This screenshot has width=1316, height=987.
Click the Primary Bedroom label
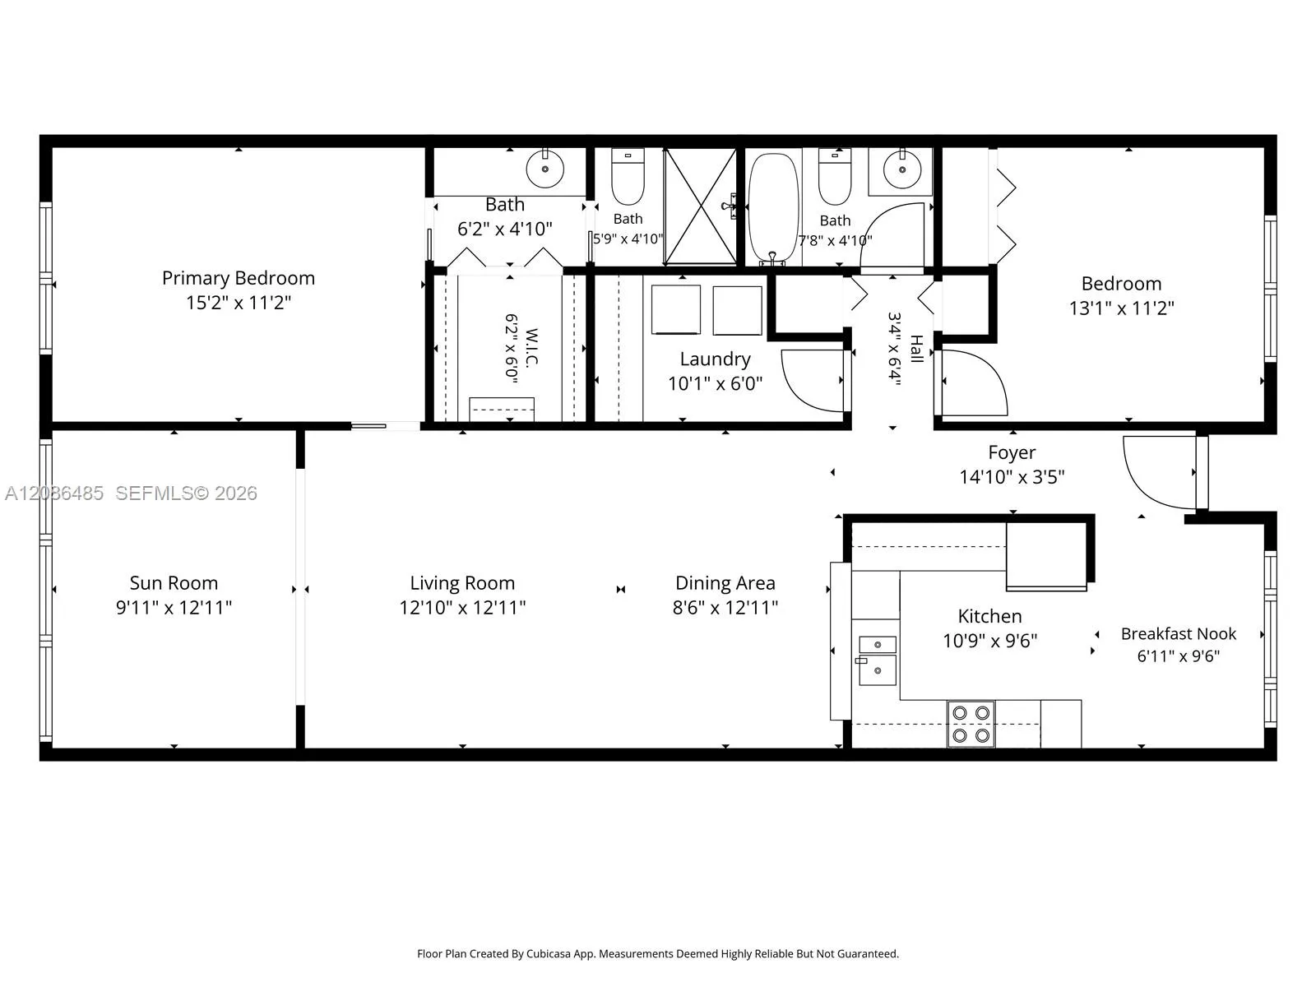click(x=238, y=278)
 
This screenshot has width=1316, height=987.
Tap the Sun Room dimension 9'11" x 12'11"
click(x=174, y=608)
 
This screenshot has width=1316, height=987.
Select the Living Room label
click(x=462, y=583)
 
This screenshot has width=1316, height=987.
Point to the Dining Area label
click(x=725, y=583)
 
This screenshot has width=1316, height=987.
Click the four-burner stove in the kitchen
click(x=971, y=724)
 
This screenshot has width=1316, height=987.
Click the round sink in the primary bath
click(x=544, y=169)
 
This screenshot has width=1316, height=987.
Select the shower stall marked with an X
click(x=700, y=206)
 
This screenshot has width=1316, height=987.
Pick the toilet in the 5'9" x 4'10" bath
click(x=628, y=176)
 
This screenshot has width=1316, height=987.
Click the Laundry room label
click(x=715, y=359)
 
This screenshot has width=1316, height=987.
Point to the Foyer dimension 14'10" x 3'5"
click(x=1012, y=477)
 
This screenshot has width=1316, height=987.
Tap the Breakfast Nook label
click(x=1178, y=634)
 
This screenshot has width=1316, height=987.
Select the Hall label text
click(x=916, y=349)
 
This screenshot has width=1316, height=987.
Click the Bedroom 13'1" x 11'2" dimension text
click(x=1121, y=308)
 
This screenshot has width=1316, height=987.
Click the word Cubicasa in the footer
click(x=549, y=953)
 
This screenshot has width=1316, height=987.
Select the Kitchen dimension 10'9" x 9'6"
click(x=989, y=641)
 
